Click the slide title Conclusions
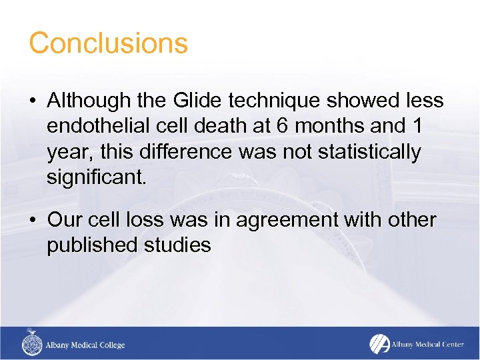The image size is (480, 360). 108,43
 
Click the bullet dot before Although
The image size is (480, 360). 33,101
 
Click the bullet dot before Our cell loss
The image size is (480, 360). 33,220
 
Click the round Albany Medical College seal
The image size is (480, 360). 31,344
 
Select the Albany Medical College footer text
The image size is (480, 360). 85,345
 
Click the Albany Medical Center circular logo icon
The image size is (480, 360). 378,343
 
